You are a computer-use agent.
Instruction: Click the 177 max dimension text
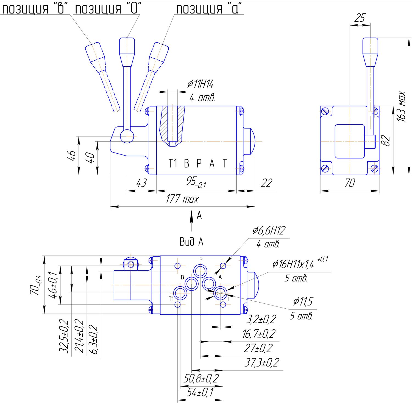(x=182, y=199)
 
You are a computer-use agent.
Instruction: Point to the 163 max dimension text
(x=401, y=106)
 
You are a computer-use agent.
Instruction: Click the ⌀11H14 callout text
(x=200, y=84)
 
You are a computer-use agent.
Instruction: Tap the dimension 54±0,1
(x=200, y=392)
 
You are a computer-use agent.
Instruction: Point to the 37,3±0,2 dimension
(x=262, y=362)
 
